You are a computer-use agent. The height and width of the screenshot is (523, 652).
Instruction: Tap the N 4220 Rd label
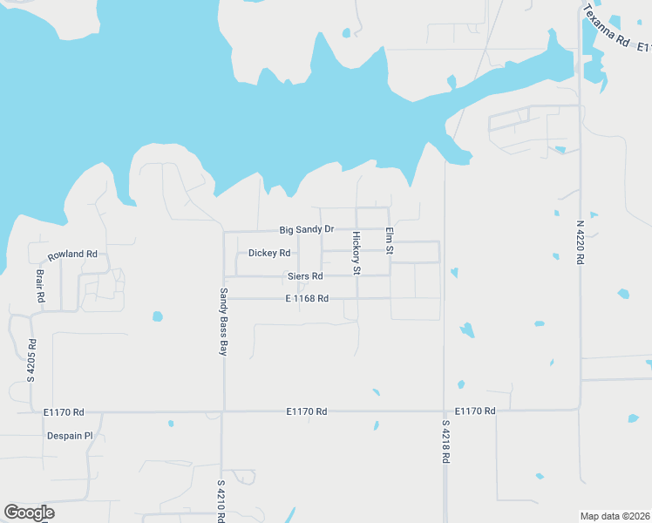(x=580, y=241)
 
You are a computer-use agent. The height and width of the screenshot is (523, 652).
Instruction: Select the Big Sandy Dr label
(x=307, y=230)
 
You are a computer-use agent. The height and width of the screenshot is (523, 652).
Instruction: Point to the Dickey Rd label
(x=269, y=254)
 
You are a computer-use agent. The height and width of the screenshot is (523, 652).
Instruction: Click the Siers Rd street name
(x=305, y=276)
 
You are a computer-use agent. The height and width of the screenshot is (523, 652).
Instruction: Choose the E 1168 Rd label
(x=307, y=299)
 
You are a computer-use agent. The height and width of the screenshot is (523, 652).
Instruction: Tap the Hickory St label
(x=357, y=253)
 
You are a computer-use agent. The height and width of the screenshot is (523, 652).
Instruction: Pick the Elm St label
(x=390, y=241)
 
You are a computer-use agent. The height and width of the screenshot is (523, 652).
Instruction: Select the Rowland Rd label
(x=72, y=255)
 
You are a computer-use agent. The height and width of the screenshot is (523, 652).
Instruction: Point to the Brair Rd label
(x=40, y=285)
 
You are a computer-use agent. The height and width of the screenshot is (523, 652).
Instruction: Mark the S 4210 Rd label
(x=221, y=500)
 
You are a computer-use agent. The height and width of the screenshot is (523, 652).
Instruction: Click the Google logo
(x=29, y=513)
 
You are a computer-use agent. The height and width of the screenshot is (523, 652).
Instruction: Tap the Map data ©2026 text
(x=615, y=516)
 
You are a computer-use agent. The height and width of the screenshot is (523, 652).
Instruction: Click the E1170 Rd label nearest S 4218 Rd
(x=476, y=411)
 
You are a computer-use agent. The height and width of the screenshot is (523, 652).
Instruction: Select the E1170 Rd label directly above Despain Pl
(x=64, y=411)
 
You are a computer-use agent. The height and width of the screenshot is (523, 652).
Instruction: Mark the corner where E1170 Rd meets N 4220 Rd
(x=580, y=409)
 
